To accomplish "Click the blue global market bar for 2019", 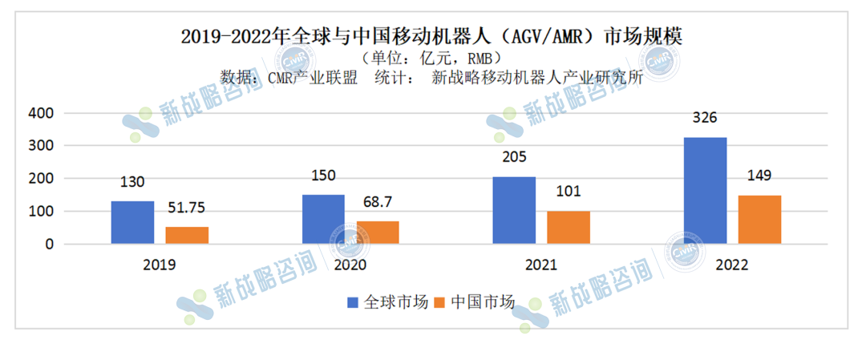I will click(132, 222).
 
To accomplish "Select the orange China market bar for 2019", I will click(187, 235).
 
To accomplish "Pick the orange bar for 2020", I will click(377, 233).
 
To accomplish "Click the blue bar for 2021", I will click(514, 210).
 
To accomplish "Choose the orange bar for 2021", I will click(569, 227).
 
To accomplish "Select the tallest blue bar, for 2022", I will click(705, 190).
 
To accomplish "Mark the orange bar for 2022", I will click(759, 219).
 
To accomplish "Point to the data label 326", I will click(704, 118).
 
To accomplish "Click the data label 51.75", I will click(188, 208).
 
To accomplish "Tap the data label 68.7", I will click(378, 203).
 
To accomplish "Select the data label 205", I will click(514, 158).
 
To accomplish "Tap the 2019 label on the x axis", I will click(159, 265).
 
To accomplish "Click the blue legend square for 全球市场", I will click(354, 302).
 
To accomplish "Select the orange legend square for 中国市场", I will click(439, 302).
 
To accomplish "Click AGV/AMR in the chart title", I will click(569, 37).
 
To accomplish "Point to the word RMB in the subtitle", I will click(486, 58).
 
